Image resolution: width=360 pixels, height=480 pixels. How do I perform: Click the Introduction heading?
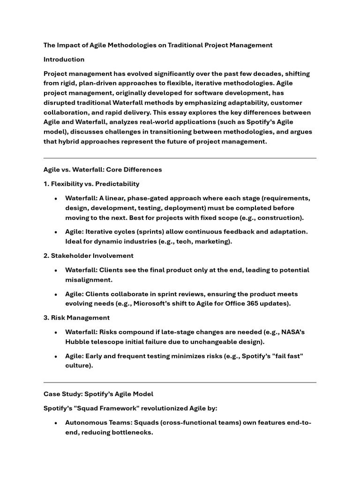(x=64, y=60)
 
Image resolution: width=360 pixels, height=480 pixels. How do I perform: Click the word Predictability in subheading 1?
(x=117, y=184)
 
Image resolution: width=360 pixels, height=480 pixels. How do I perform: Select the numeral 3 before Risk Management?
(x=45, y=318)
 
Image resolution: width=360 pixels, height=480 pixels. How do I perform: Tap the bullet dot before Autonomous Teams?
(x=56, y=423)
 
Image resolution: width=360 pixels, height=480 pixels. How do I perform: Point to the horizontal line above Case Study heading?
(x=180, y=382)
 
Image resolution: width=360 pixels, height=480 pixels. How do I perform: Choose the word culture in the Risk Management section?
(x=78, y=366)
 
